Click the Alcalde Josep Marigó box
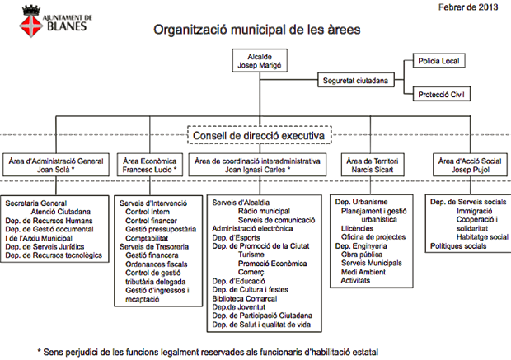point(260,61)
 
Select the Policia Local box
point(438,61)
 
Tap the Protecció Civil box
point(442,94)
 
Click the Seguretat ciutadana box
point(356,80)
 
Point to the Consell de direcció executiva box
point(260,135)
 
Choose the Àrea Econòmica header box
point(150,165)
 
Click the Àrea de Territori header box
point(373,165)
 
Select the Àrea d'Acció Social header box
point(470,165)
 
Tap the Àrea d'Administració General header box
point(56,165)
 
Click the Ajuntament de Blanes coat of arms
point(31,21)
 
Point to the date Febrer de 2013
point(468,7)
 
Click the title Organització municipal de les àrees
point(257,30)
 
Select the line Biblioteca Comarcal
point(245,298)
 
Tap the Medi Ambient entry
point(363,272)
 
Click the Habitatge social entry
point(482,237)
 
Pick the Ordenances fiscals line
point(156,264)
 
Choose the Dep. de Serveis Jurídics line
point(45,246)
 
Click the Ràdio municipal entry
point(264,211)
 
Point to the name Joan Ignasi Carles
point(255,170)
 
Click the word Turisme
point(251,255)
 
